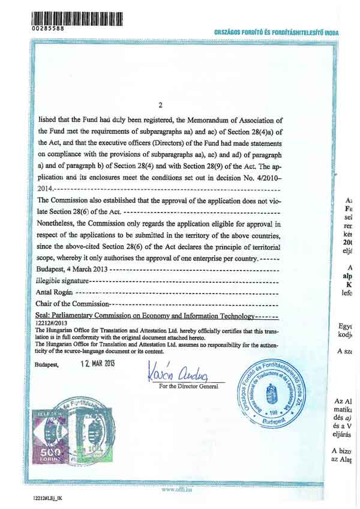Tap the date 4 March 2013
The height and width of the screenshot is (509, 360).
[x=90, y=270]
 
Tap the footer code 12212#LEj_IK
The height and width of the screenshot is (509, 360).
[x=49, y=499]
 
